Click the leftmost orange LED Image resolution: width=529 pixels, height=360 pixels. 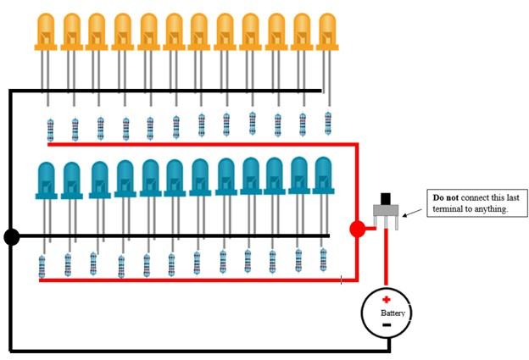[46, 31]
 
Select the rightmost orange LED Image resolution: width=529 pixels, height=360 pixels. [326, 31]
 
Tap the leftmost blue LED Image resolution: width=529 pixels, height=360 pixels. [46, 180]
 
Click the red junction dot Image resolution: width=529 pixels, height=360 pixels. [358, 228]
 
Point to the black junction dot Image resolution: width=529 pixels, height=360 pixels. [11, 236]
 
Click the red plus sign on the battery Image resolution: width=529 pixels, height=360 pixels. [386, 300]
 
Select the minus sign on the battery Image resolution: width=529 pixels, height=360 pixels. [386, 324]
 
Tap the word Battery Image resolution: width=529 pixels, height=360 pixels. [393, 313]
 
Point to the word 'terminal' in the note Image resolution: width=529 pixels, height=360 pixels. [448, 208]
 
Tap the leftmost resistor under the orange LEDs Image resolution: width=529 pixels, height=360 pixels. [50, 130]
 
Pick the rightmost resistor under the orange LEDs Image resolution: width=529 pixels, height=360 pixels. [328, 123]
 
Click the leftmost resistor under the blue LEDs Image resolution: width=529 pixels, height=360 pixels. [42, 268]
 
